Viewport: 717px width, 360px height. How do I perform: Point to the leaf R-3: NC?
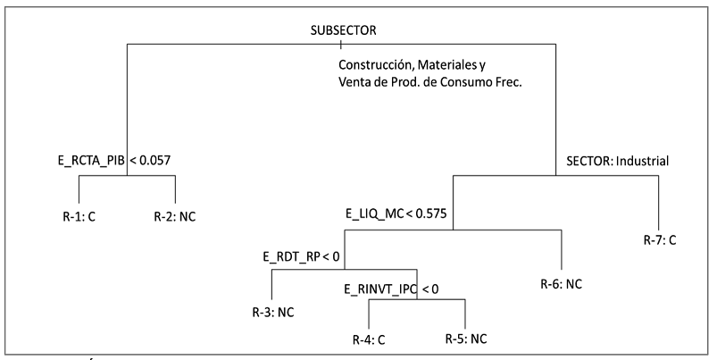pyautogui.click(x=272, y=313)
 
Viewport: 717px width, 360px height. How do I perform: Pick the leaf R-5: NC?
pyautogui.click(x=466, y=339)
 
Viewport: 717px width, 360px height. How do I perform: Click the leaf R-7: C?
pyautogui.click(x=661, y=239)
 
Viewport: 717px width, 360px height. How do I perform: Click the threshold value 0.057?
pyautogui.click(x=155, y=161)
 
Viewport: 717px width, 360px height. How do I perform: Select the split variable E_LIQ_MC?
pyautogui.click(x=372, y=214)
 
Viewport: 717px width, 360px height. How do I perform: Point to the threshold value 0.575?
pyautogui.click(x=429, y=214)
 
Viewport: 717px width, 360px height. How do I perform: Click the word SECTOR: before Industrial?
pyautogui.click(x=587, y=162)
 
